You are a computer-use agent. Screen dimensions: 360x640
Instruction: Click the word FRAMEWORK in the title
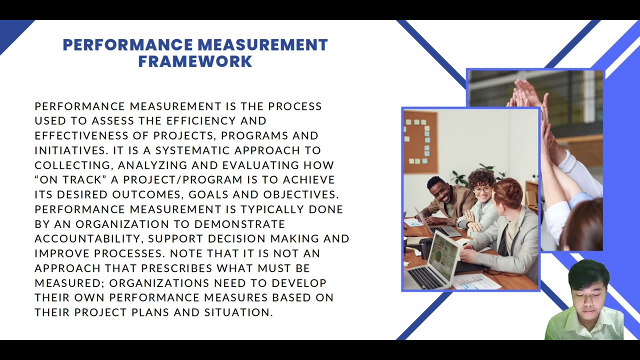[x=195, y=61]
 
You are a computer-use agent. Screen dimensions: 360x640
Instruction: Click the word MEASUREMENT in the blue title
[x=262, y=45]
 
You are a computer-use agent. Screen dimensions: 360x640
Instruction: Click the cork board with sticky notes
[x=420, y=142]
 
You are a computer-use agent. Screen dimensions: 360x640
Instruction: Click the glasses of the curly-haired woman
[x=482, y=190]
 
